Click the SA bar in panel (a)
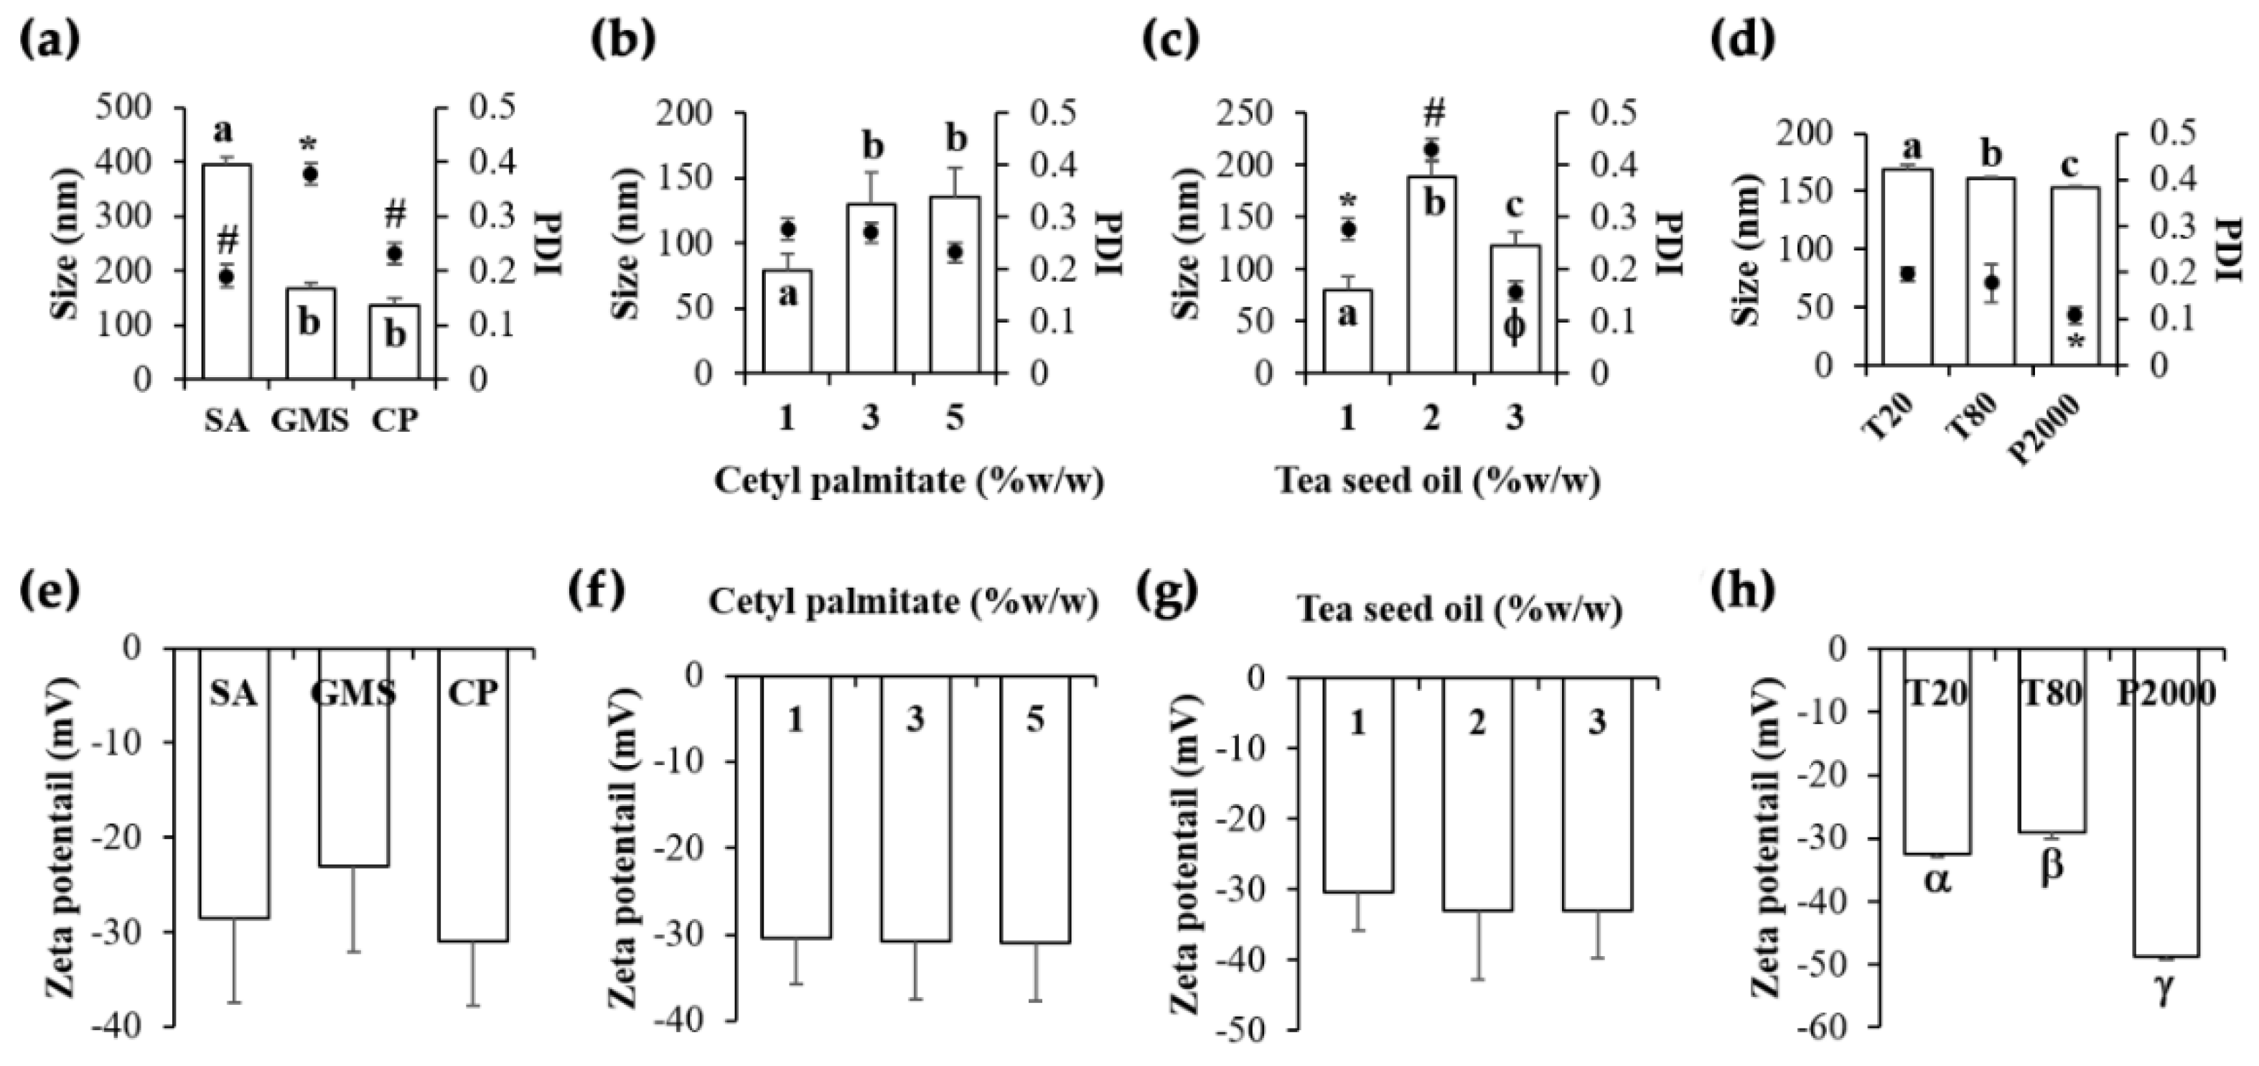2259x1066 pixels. pos(228,272)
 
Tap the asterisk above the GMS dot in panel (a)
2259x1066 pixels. pos(309,146)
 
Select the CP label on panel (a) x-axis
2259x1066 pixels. pos(395,422)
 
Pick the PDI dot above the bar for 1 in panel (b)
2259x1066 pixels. pos(787,230)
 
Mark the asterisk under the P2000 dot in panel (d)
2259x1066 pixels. pos(2076,342)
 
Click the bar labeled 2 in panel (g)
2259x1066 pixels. pos(1477,794)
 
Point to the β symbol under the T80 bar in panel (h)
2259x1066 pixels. pos(2053,868)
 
